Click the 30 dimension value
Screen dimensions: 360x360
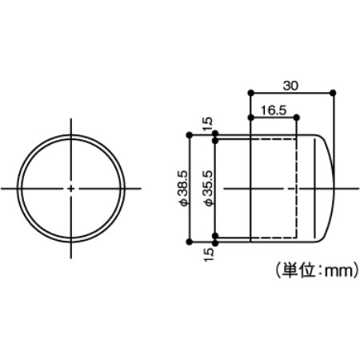pyautogui.click(x=290, y=86)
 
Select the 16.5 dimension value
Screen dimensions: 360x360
pyautogui.click(x=274, y=110)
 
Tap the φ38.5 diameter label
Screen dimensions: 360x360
pyautogui.click(x=184, y=189)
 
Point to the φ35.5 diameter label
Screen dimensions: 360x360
pyautogui.click(x=209, y=189)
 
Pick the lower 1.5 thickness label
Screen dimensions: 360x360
pyautogui.click(x=209, y=255)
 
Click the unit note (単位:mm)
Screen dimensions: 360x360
pyautogui.click(x=316, y=271)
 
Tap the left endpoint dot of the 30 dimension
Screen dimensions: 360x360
pyautogui.click(x=250, y=93)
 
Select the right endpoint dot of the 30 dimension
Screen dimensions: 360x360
pyautogui.click(x=333, y=93)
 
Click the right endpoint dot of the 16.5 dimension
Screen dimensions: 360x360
pyautogui.click(x=297, y=118)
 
